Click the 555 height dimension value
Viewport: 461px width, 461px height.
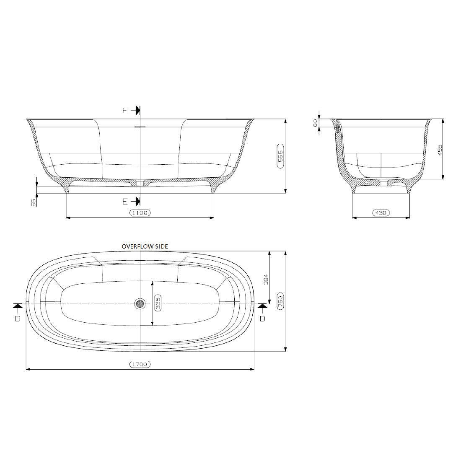(280, 156)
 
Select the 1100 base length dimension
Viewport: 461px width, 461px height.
(140, 213)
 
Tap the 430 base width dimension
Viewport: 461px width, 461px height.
(381, 213)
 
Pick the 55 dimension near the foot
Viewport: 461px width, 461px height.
(34, 202)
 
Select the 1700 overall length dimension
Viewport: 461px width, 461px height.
(140, 364)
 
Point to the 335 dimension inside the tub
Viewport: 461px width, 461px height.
(158, 303)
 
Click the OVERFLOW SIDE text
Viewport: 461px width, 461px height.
(145, 246)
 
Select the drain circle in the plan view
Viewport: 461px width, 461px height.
(140, 303)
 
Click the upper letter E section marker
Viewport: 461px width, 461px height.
(124, 111)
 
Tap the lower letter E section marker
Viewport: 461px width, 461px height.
(124, 202)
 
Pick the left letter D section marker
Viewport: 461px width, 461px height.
(17, 319)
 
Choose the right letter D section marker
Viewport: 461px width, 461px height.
(262, 319)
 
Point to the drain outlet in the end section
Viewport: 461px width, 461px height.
(381, 183)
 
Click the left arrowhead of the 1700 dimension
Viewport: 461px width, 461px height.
(28, 369)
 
